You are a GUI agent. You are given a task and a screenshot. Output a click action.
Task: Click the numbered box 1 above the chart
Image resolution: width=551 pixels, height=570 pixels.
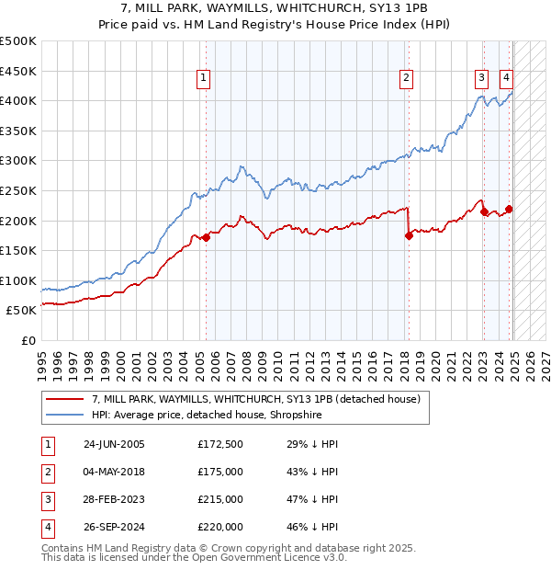click(x=202, y=78)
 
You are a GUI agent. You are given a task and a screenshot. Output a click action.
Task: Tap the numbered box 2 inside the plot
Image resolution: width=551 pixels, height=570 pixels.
click(x=406, y=78)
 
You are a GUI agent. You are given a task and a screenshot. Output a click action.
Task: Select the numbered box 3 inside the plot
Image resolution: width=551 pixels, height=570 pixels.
click(x=481, y=78)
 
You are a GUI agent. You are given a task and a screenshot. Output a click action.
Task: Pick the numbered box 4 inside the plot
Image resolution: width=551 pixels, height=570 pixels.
click(x=506, y=78)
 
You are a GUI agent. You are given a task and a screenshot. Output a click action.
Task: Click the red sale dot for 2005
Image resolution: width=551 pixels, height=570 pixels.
click(x=206, y=237)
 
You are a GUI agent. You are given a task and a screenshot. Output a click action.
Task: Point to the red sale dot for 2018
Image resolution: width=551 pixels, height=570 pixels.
click(x=409, y=235)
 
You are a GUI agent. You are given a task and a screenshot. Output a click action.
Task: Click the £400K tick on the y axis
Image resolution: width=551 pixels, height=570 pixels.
click(x=18, y=100)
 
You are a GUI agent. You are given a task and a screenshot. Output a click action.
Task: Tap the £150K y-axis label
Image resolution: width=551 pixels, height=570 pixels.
click(x=18, y=250)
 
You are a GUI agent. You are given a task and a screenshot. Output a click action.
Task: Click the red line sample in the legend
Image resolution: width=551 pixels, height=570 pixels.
click(x=64, y=399)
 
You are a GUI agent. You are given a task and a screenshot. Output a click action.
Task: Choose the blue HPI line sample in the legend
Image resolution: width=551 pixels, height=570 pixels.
click(x=64, y=415)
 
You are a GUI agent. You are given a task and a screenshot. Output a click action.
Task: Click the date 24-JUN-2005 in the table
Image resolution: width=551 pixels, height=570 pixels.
click(x=114, y=444)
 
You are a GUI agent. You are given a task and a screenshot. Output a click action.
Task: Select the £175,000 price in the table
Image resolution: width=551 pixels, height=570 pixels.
click(x=220, y=472)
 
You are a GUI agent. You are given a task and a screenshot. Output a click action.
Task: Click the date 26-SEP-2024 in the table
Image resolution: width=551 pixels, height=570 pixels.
click(x=114, y=527)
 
